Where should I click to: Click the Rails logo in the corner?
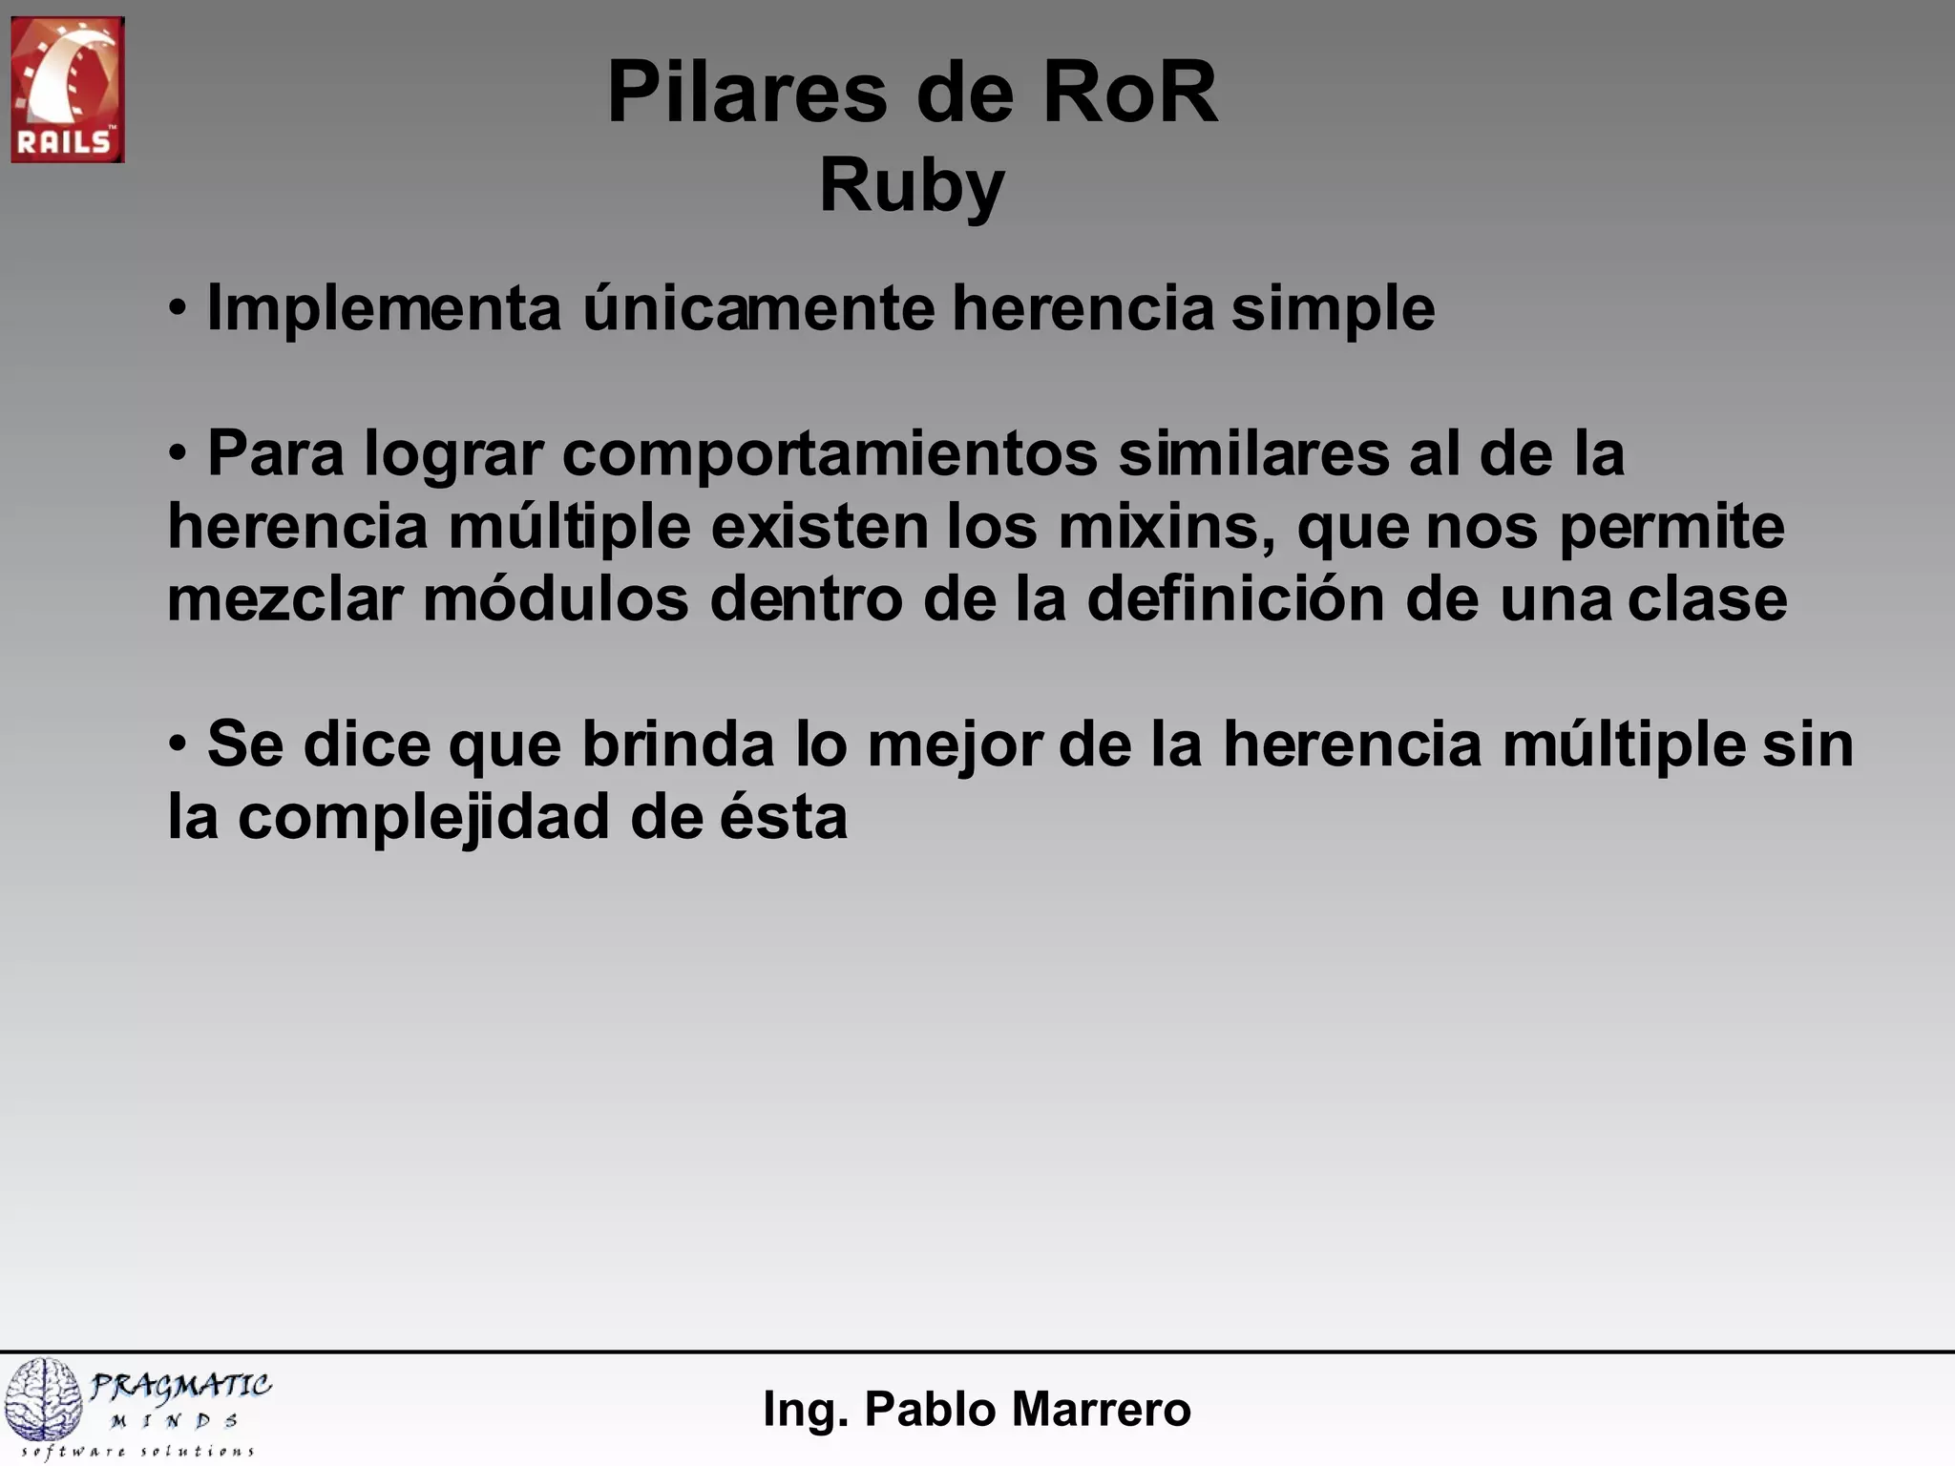67,90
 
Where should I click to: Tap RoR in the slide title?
1129,93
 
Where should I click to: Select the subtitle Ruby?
912,186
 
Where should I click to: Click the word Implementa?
384,308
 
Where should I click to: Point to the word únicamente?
759,308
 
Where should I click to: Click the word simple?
1333,308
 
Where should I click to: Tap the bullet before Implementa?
179,308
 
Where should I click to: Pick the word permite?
1671,526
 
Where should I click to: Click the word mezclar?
284,599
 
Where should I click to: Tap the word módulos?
556,599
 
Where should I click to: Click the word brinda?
678,744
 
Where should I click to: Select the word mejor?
954,744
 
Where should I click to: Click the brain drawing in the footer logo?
45,1399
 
